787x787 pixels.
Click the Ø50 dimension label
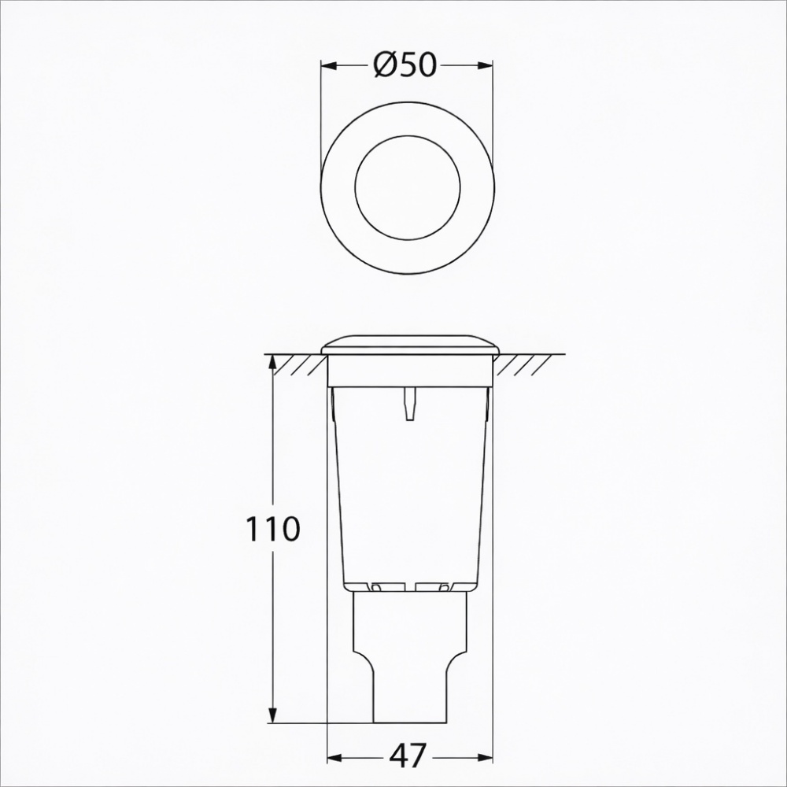tap(406, 66)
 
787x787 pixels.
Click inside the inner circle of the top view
tap(408, 187)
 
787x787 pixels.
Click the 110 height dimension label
tap(273, 530)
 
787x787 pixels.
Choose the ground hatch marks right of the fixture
tap(522, 364)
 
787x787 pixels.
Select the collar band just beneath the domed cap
tap(409, 371)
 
